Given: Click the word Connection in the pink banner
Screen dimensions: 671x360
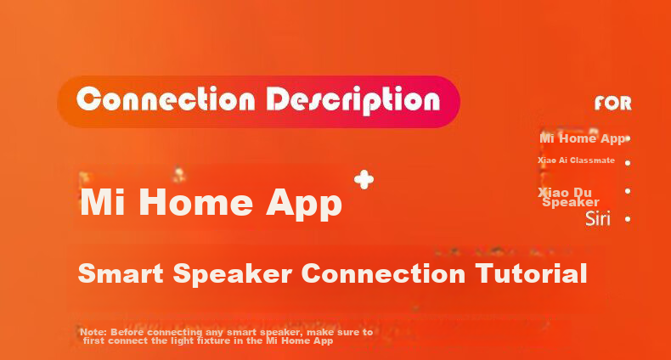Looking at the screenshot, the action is (x=166, y=99).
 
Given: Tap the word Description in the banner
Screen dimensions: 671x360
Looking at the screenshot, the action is (x=353, y=100).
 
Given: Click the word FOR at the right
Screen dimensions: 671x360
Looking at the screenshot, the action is (x=612, y=103).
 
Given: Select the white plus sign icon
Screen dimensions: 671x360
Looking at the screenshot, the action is (x=364, y=179).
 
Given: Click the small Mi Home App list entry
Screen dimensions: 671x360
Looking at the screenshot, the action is (x=582, y=138).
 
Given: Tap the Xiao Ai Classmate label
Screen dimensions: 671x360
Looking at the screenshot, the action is (x=576, y=160).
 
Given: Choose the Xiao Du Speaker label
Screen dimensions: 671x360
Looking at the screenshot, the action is (x=568, y=197).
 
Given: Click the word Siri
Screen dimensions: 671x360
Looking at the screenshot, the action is (x=598, y=218).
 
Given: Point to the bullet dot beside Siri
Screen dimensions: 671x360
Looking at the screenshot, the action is (x=628, y=219).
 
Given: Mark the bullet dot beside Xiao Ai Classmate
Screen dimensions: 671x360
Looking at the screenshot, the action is (x=628, y=162).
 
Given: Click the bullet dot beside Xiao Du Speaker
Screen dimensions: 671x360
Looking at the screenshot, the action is (x=628, y=191).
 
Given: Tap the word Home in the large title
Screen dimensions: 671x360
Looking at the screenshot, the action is (x=196, y=202).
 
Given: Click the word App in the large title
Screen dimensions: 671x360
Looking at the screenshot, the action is (x=304, y=205).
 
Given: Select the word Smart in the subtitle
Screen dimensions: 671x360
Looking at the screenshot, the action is (x=121, y=273).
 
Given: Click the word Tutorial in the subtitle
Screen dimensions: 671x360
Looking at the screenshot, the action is (x=531, y=273).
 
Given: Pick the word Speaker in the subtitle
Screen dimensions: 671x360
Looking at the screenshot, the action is (x=233, y=274).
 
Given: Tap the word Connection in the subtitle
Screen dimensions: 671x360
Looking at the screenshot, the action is (x=383, y=273).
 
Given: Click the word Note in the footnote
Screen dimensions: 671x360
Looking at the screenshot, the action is (x=93, y=332).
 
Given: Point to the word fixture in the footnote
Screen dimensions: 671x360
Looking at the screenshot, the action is (x=213, y=340).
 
